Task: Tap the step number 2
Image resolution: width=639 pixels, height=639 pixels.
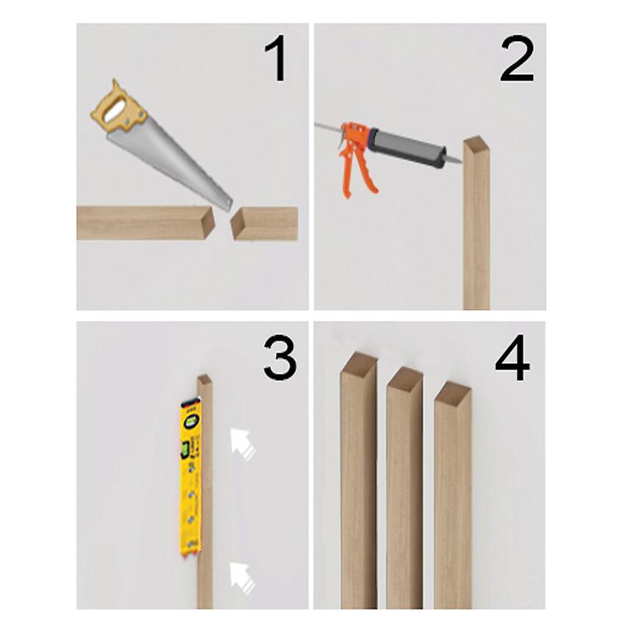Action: coord(517,58)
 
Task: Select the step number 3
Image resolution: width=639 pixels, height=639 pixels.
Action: coord(280,358)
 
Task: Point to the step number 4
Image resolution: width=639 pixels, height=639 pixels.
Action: coord(512,358)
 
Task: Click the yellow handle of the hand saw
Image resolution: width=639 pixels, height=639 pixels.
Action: coord(119,106)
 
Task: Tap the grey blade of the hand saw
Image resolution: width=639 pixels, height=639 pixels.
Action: coord(170,163)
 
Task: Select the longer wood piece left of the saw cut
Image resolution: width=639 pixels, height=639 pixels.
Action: coord(145,223)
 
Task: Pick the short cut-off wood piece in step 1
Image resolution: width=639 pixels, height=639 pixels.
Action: coord(264,223)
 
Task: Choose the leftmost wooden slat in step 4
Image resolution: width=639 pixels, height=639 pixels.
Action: coord(359,481)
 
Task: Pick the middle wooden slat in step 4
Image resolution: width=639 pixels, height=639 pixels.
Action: coord(405,488)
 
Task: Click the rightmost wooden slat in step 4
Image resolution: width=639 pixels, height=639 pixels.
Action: coord(452,495)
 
